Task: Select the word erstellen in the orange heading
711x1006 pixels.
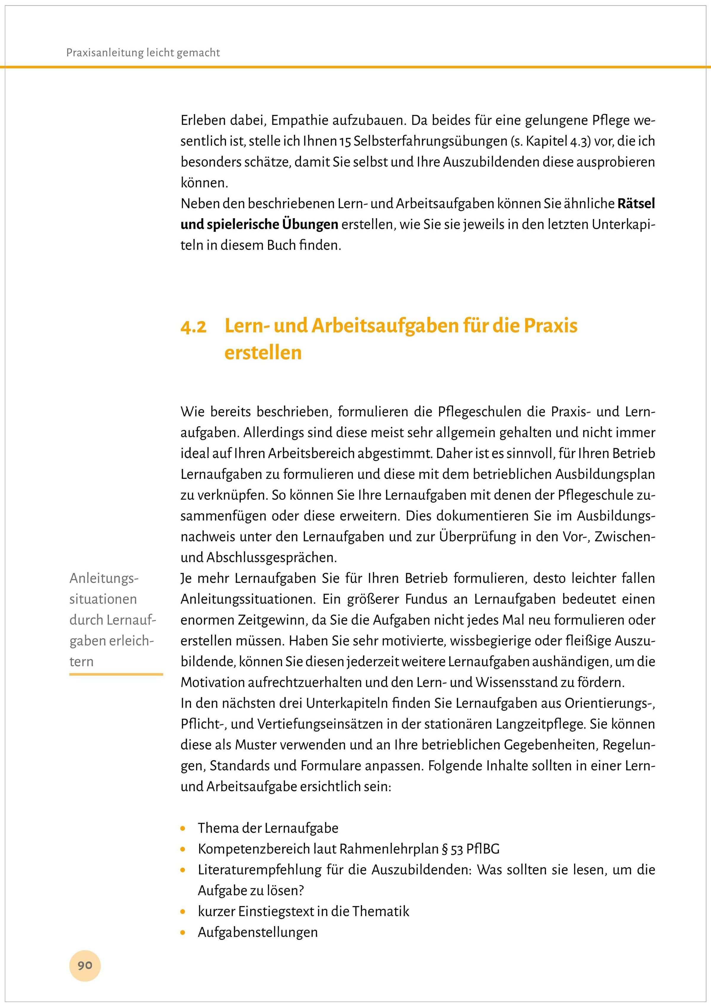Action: [x=263, y=353]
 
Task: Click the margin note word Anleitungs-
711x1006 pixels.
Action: [x=104, y=578]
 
